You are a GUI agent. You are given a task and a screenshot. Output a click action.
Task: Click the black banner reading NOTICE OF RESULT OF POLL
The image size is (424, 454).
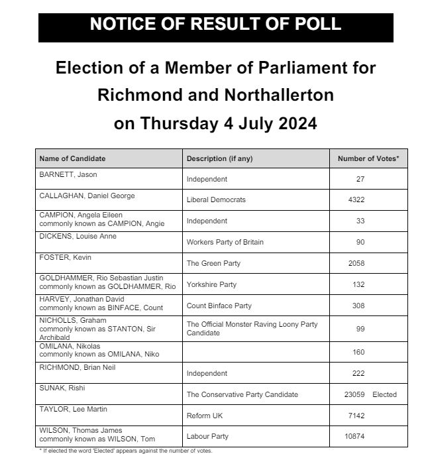click(x=215, y=25)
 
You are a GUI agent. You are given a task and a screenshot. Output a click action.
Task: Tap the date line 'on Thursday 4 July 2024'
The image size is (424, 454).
click(x=215, y=123)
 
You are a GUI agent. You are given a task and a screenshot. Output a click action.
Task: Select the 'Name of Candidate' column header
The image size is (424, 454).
click(x=73, y=158)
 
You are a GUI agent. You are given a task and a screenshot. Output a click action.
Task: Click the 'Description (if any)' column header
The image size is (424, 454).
click(x=219, y=158)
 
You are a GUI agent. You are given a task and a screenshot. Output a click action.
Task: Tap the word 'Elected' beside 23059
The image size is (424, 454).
click(x=384, y=394)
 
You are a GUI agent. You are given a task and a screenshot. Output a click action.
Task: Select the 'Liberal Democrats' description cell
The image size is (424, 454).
click(x=216, y=199)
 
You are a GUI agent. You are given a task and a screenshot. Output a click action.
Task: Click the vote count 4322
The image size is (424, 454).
click(x=356, y=199)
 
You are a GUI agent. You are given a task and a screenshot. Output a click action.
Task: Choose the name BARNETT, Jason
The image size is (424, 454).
click(x=68, y=174)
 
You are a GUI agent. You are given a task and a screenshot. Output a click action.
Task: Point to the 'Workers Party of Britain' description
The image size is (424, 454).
click(x=225, y=242)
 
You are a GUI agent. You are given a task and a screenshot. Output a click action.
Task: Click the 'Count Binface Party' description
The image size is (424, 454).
click(x=219, y=306)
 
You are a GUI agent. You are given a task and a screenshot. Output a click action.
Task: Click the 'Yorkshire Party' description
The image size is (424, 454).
click(x=211, y=285)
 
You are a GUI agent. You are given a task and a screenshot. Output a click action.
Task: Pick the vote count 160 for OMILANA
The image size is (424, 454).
click(x=360, y=352)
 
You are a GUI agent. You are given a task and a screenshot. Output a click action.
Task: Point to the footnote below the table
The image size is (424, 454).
click(x=125, y=451)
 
